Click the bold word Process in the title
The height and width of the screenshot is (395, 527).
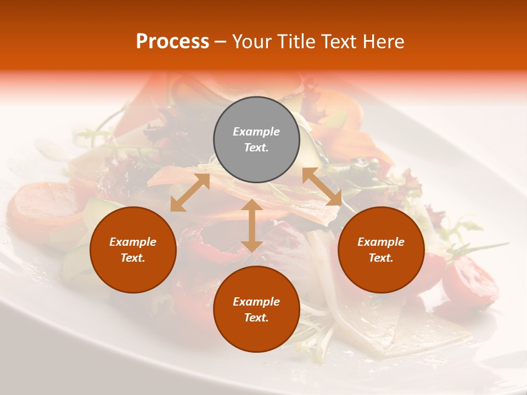coord(172,42)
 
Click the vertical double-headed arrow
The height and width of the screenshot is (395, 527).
coord(251,226)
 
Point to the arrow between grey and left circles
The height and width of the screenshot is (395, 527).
coord(190,193)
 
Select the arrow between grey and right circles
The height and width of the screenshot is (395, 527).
coord(322,187)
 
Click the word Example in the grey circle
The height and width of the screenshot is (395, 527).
coord(256,132)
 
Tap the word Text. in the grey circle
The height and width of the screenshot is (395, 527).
coord(256,148)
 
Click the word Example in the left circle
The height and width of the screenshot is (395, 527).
coord(133,242)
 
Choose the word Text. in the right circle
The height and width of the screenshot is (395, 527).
coord(381,258)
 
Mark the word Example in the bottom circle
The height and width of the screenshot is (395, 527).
coord(256,302)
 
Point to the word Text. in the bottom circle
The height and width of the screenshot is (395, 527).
coord(256,318)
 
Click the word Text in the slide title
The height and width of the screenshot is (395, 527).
coord(339,42)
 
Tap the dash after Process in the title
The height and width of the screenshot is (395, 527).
coord(220,42)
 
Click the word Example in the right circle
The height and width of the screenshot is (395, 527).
coord(381,242)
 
